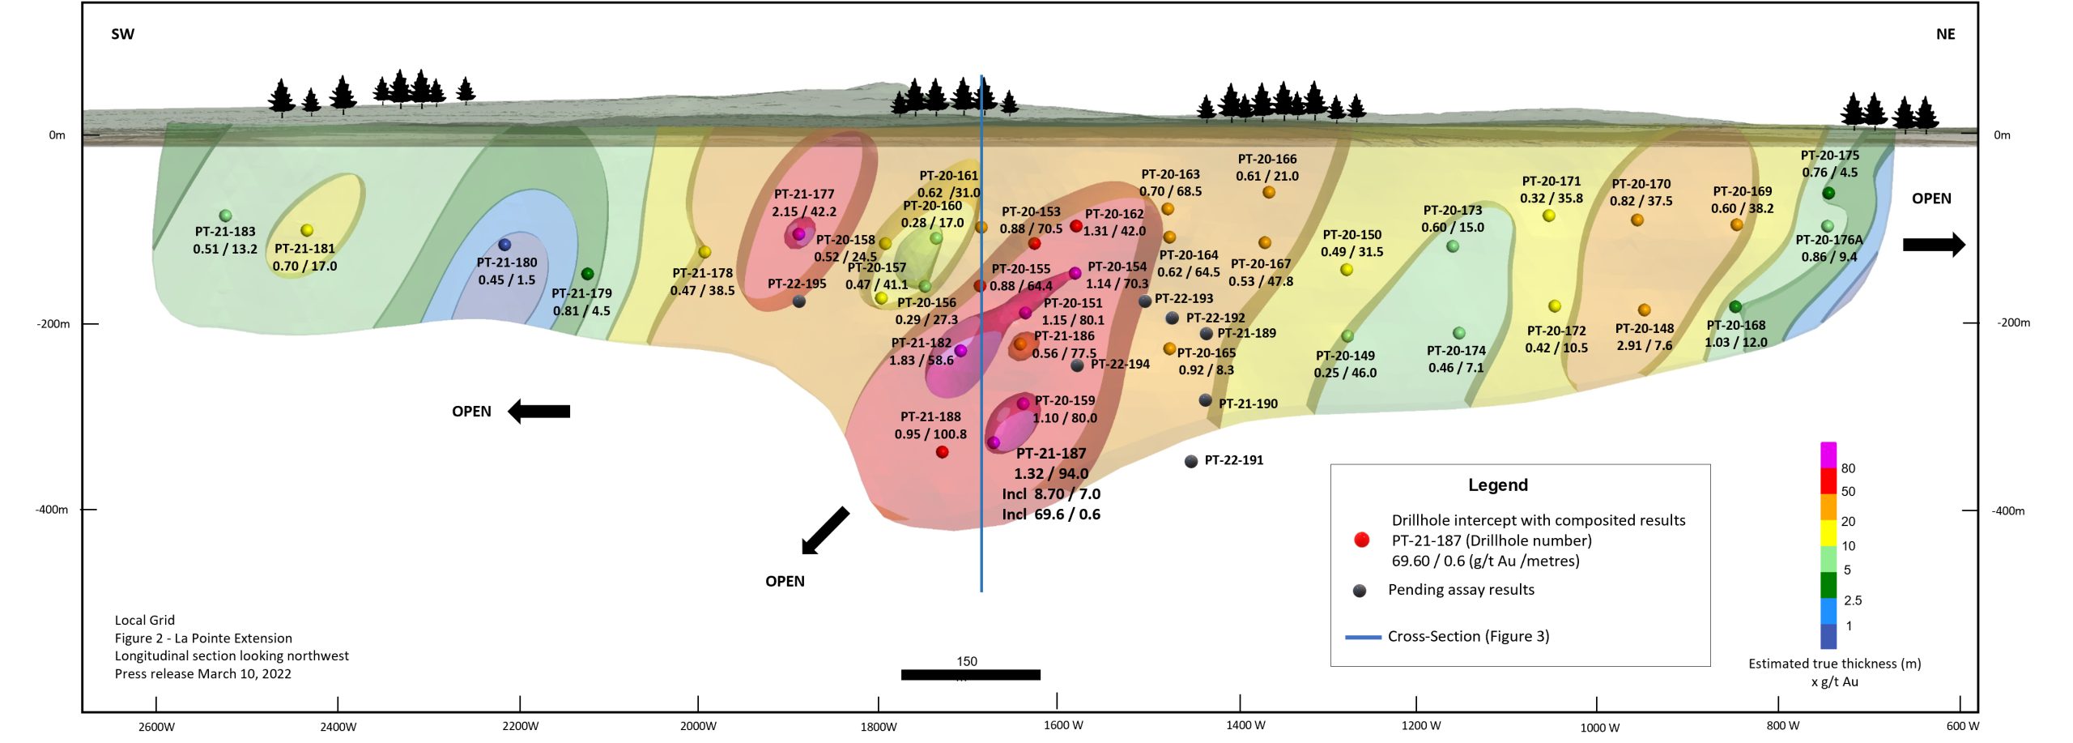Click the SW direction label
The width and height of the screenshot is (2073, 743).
122,34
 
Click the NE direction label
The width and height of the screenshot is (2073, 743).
1945,34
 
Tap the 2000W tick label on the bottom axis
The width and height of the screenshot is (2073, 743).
698,726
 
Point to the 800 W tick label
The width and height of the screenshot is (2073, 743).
1782,725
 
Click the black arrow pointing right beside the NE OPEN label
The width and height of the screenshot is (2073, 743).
1934,244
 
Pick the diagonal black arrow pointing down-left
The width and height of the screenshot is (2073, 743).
825,531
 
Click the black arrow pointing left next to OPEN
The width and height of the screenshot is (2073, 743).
538,412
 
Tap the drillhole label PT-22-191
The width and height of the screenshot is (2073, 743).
1233,460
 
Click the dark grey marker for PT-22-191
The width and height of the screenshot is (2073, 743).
1190,461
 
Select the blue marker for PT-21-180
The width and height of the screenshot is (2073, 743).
504,244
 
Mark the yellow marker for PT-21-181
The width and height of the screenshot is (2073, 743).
307,230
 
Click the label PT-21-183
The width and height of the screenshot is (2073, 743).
225,232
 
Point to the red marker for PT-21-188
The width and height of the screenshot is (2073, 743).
942,452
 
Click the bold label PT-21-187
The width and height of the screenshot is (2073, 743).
1051,454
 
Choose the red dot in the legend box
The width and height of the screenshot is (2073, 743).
1362,540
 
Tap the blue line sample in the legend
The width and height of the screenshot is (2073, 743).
1363,638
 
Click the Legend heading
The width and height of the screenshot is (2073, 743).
1498,485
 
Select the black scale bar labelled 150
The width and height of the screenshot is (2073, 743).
970,674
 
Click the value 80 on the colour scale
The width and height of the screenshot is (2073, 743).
1848,468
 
